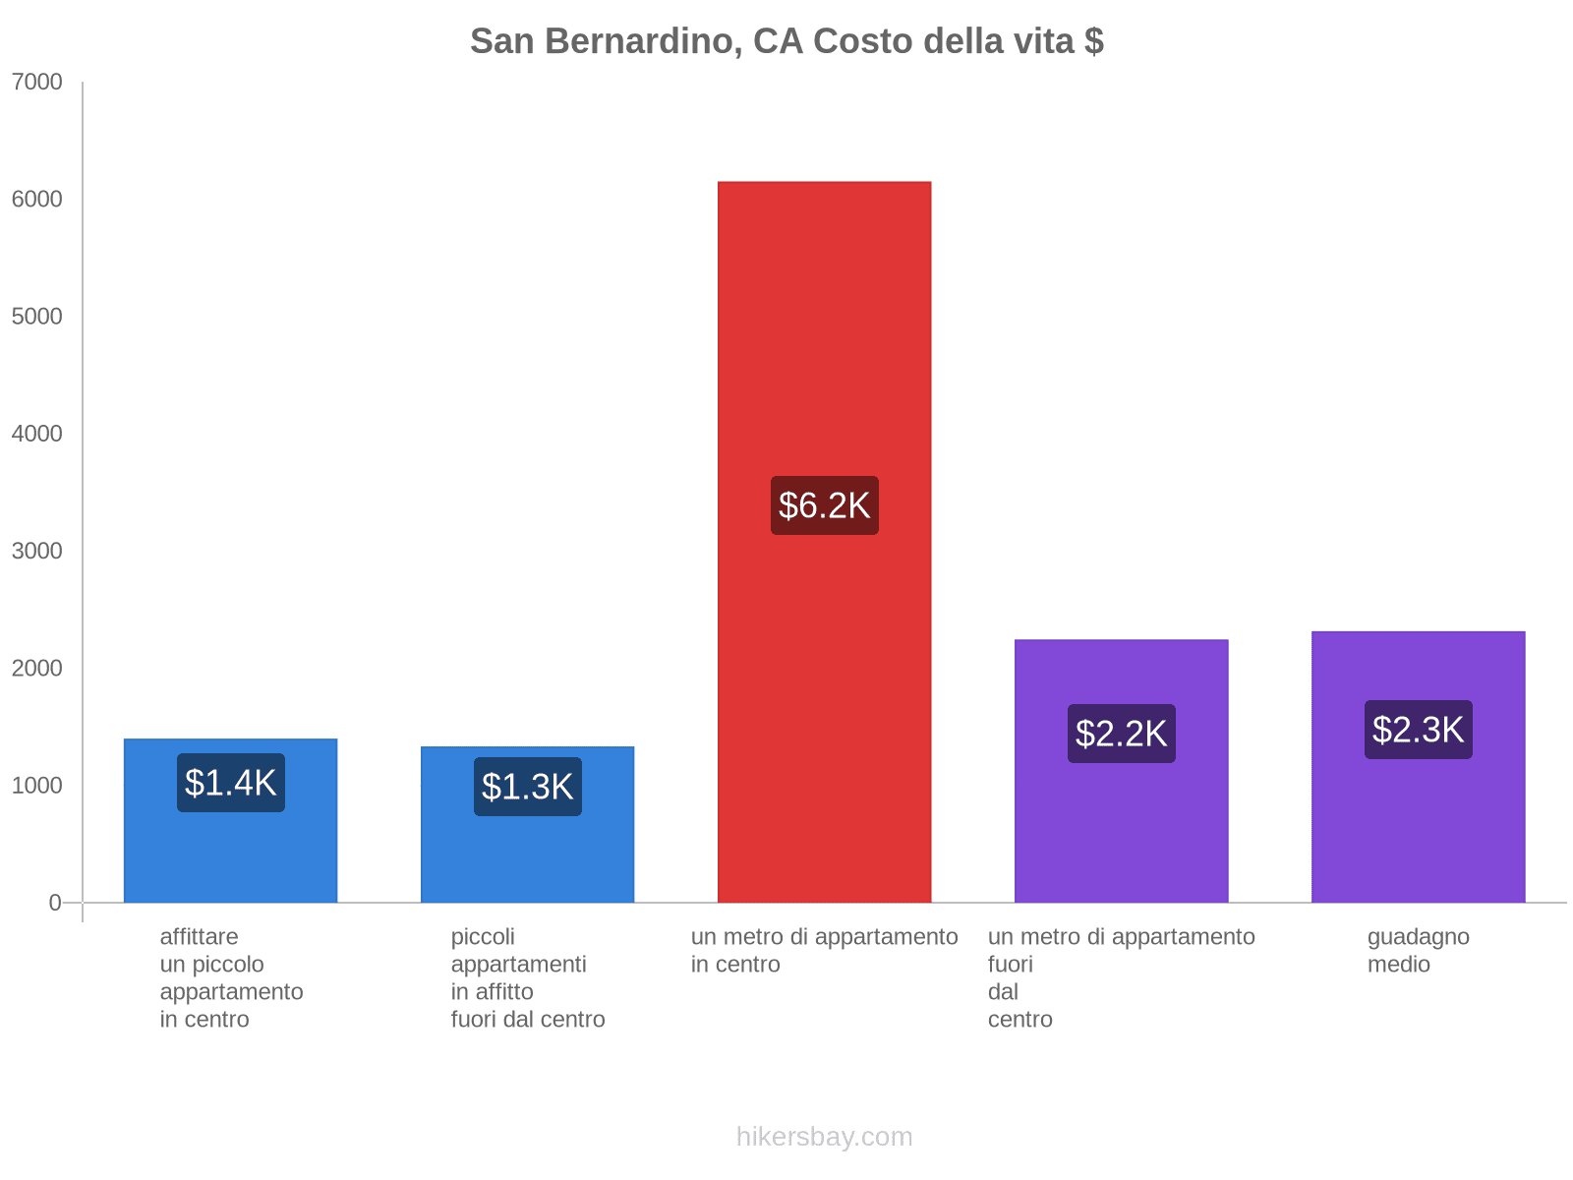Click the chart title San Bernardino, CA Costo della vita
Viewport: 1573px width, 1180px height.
click(x=786, y=41)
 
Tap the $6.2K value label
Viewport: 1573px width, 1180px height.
click(x=824, y=505)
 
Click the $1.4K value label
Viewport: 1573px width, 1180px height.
click(x=231, y=783)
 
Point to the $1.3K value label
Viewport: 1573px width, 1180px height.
click(x=528, y=787)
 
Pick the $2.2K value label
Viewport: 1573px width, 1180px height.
click(x=1121, y=734)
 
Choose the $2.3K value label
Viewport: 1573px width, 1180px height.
click(x=1418, y=730)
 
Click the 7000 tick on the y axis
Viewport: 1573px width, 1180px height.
click(x=37, y=83)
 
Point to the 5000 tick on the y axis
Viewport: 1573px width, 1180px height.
click(x=37, y=317)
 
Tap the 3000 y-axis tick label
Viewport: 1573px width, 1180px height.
click(x=37, y=551)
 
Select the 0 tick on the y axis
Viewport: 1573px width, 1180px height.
click(x=55, y=903)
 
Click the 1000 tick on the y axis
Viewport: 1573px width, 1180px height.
click(x=37, y=786)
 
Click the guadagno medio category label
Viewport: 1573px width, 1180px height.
click(x=1418, y=950)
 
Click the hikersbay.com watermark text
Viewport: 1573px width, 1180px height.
click(x=824, y=1137)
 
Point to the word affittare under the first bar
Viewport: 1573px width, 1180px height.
click(x=199, y=937)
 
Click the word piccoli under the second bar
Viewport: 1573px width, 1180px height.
click(x=483, y=937)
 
